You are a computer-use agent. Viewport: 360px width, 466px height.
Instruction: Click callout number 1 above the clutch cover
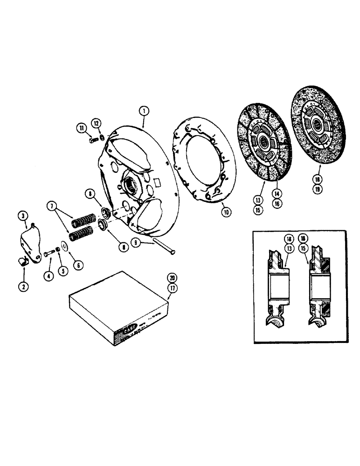pos(144,111)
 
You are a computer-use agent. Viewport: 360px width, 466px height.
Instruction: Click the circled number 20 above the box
pos(173,276)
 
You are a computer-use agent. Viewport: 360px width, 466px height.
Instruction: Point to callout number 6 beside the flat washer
pos(77,265)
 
